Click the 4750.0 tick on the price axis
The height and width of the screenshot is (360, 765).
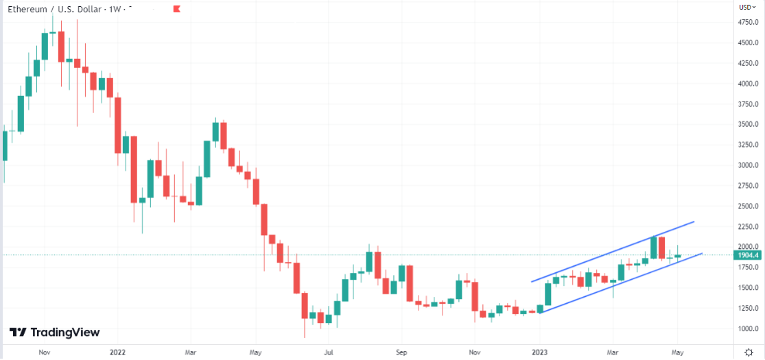point(748,23)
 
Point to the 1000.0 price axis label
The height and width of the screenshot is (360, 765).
point(748,328)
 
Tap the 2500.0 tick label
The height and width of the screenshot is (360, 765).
point(748,206)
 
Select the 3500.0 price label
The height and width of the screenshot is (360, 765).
point(748,125)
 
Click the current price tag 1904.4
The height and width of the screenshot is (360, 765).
point(748,255)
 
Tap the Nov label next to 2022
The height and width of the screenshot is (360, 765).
point(45,352)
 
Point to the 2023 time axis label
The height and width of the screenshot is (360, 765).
point(540,352)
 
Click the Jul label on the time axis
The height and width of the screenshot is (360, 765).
point(329,352)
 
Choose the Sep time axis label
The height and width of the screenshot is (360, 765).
point(401,352)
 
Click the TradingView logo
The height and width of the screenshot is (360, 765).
point(55,333)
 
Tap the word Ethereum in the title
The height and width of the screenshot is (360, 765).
point(27,10)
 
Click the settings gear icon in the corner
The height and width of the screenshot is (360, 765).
point(748,352)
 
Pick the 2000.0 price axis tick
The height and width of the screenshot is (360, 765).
point(748,247)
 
